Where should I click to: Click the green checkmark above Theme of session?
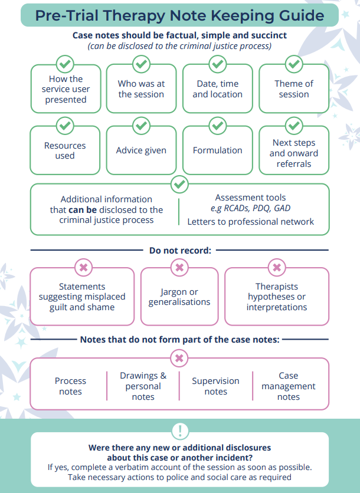point(294,64)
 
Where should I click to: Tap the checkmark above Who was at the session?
point(141,64)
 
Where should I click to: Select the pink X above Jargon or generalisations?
point(179,268)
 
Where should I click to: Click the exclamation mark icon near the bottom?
point(180,430)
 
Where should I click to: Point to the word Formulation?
point(217,150)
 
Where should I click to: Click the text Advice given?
point(141,150)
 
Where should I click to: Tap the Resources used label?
point(65,150)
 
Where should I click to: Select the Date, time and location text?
point(217,89)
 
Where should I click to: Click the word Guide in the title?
point(298,15)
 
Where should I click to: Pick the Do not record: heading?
point(180,251)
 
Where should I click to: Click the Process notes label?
point(70,386)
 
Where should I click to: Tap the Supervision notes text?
point(215,386)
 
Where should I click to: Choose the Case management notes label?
point(288,386)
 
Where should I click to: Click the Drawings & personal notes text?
point(143,386)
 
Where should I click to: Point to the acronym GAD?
point(282,208)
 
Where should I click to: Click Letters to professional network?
point(251,222)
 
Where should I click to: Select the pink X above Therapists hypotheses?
point(277,268)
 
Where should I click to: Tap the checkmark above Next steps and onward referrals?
point(294,126)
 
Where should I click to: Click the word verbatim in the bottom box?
point(130,467)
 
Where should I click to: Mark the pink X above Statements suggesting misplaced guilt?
point(83,268)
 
